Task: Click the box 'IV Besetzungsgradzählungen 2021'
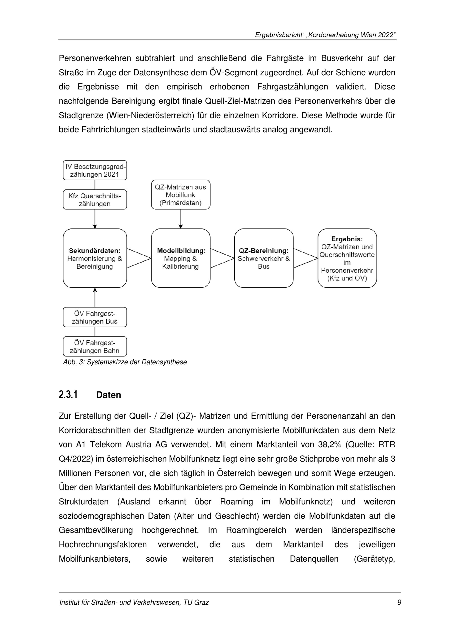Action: point(95,170)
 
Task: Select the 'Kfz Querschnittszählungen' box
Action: point(95,200)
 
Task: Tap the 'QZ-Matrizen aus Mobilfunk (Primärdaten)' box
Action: point(180,195)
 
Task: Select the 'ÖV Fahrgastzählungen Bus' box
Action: point(95,317)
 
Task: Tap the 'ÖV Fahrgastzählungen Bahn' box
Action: point(95,347)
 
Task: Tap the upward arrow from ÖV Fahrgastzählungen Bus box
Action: point(95,297)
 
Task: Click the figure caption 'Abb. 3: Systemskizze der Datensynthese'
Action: point(125,362)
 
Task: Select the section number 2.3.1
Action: point(68,395)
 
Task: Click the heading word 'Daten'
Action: point(109,395)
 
